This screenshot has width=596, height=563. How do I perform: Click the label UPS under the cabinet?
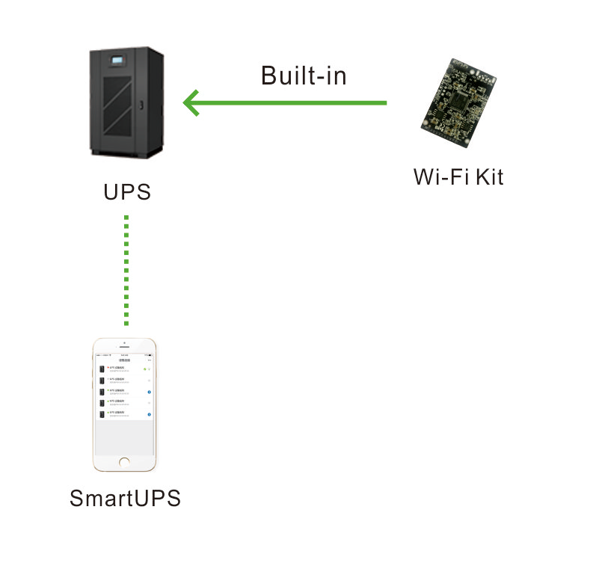click(x=127, y=192)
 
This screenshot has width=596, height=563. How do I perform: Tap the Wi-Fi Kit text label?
click(x=458, y=177)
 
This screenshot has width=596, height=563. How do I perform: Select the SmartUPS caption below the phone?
click(x=125, y=498)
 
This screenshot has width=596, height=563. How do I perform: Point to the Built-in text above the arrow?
click(x=304, y=76)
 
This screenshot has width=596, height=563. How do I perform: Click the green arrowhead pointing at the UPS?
click(x=192, y=102)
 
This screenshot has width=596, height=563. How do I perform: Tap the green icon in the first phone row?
click(x=146, y=369)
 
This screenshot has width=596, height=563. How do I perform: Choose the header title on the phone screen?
click(x=125, y=360)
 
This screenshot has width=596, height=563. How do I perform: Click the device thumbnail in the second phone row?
click(x=102, y=381)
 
